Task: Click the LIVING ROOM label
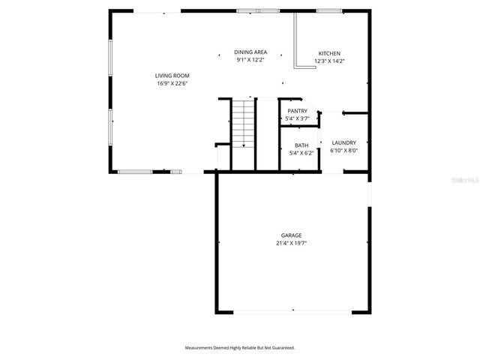[172, 76]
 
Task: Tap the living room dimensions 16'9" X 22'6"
[172, 83]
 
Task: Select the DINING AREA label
[250, 52]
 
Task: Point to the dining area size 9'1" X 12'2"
[250, 59]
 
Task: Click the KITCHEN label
[329, 53]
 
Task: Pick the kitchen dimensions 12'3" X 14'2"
[329, 61]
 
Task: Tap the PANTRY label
[298, 111]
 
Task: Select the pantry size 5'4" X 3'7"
[298, 118]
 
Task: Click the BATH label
[301, 145]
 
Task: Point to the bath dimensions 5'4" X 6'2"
[301, 153]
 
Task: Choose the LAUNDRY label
[344, 142]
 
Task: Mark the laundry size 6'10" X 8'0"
[344, 150]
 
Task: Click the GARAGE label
[292, 235]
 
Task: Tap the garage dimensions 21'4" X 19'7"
[292, 243]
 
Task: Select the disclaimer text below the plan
[240, 348]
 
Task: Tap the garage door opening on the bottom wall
[292, 312]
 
